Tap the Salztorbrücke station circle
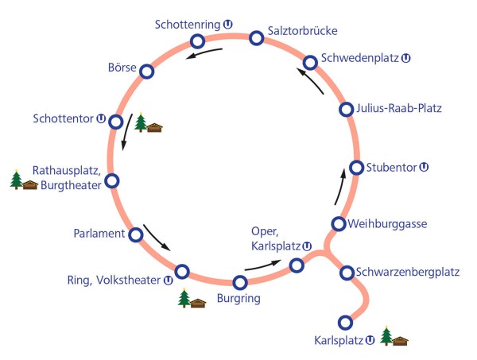[x=256, y=37]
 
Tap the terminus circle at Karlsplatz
[x=345, y=322]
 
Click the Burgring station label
[x=238, y=300]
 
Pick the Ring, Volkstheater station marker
[x=181, y=272]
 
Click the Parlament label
[x=96, y=234]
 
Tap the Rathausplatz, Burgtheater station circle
[x=112, y=181]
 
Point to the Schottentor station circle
[x=115, y=122]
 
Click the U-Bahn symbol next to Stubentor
[x=424, y=168]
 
